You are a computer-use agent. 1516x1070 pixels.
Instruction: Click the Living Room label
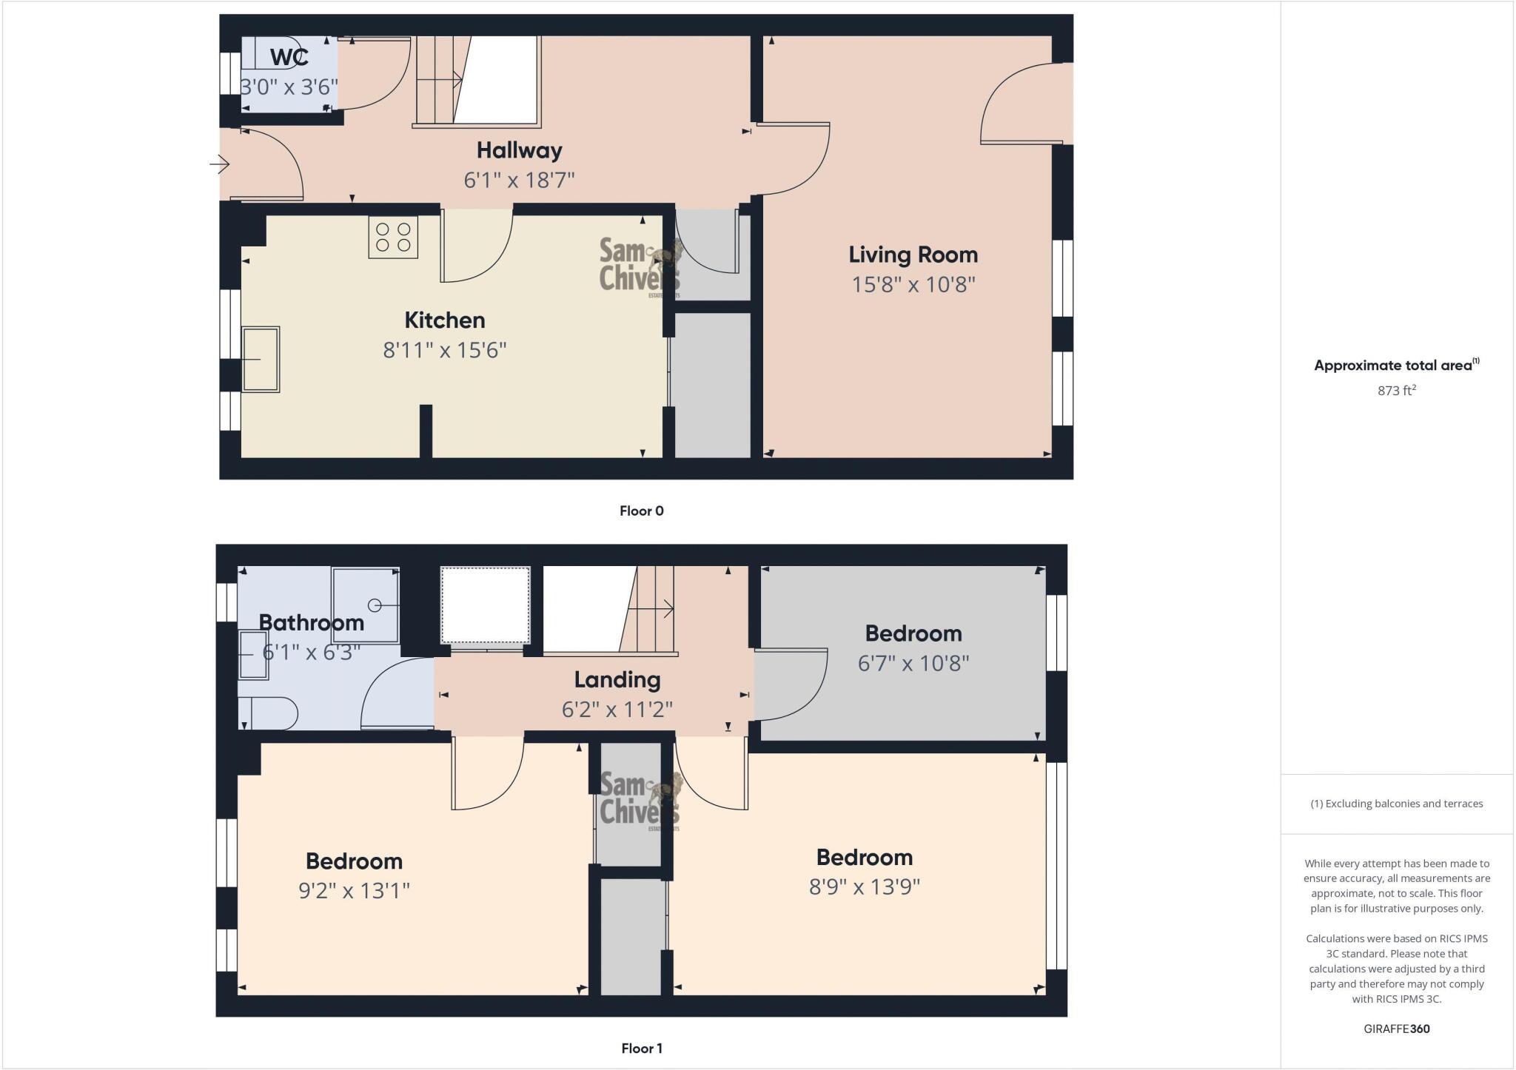(x=913, y=255)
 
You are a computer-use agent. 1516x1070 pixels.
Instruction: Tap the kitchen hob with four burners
(x=393, y=238)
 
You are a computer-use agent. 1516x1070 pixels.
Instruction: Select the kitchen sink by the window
(x=261, y=359)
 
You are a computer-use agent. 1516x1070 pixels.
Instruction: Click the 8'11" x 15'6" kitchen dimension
(x=444, y=349)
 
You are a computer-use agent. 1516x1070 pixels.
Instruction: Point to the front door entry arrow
(x=220, y=164)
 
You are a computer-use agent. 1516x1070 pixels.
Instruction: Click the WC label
(x=289, y=57)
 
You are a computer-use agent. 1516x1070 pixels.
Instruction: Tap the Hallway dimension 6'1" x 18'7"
(x=519, y=180)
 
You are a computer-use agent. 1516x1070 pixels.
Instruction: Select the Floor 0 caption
(x=641, y=511)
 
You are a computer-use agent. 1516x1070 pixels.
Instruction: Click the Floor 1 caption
(x=641, y=1048)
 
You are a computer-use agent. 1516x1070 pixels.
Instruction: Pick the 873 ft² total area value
(x=1396, y=390)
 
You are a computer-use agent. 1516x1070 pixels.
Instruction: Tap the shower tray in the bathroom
(x=366, y=605)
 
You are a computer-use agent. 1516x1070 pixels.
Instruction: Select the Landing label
(x=617, y=679)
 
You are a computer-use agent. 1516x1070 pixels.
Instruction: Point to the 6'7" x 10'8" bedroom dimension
(x=913, y=663)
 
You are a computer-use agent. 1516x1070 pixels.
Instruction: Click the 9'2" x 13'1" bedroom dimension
(x=354, y=890)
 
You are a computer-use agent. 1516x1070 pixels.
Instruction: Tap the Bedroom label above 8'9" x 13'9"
(x=864, y=858)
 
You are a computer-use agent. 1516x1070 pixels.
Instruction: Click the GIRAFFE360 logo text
(x=1396, y=1029)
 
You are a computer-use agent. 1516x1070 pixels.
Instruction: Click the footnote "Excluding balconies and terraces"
(x=1396, y=804)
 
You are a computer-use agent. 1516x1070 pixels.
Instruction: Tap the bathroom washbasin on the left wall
(x=252, y=655)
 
